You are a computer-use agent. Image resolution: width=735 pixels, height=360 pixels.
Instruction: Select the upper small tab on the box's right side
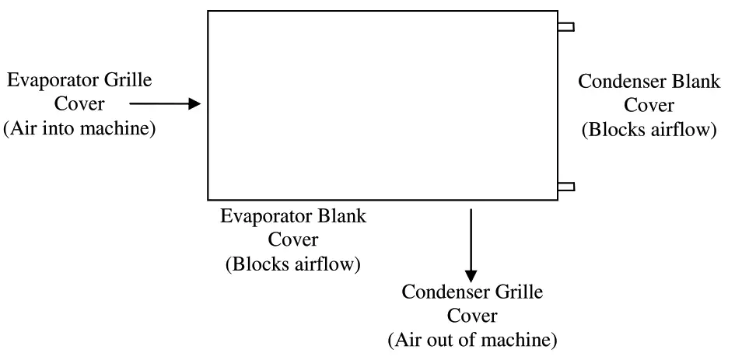point(566,27)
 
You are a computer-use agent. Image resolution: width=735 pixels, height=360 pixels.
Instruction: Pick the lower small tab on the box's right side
point(566,186)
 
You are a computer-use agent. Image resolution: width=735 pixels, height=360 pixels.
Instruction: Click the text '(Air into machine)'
point(80,128)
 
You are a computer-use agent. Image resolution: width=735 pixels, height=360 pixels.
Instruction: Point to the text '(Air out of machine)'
point(472,340)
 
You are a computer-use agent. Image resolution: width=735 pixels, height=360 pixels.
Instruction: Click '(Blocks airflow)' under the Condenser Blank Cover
point(648,129)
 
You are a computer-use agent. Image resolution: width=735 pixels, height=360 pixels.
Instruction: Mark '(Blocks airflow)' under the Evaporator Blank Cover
point(292,264)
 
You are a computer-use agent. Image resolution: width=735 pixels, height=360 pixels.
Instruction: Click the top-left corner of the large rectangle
point(208,11)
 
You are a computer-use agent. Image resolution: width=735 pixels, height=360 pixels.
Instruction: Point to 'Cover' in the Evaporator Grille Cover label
point(82,103)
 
